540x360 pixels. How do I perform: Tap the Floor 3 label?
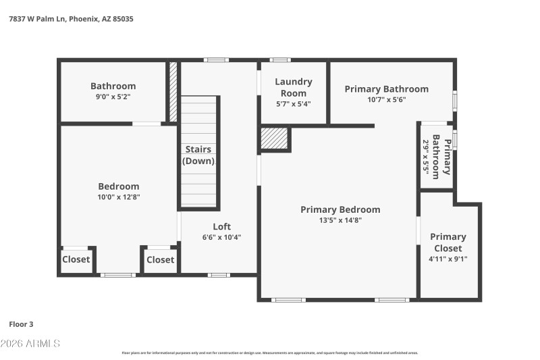pos(22,324)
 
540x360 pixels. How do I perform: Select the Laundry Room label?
pos(293,87)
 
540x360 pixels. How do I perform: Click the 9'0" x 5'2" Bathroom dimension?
pos(113,97)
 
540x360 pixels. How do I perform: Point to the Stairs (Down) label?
pos(198,155)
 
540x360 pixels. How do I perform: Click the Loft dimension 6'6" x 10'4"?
pos(222,237)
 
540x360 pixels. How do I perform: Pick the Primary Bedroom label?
pos(340,209)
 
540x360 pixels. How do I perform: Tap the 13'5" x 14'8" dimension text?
pos(340,220)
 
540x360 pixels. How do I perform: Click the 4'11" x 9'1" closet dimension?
pos(448,258)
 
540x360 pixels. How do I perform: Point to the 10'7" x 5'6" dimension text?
pos(386,99)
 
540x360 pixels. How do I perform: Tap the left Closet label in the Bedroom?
pos(76,259)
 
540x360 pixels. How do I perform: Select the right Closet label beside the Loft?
pos(160,259)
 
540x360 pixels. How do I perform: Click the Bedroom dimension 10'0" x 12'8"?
pos(119,197)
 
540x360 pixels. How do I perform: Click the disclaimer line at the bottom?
pos(270,353)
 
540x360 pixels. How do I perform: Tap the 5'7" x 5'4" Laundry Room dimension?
pos(293,104)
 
